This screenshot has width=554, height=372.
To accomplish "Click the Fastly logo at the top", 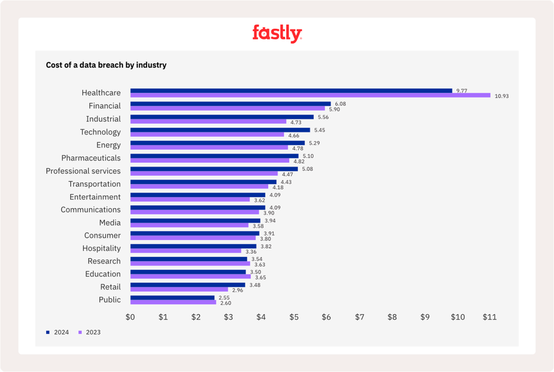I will [277, 33].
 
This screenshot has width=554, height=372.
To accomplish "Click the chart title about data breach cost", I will [106, 65].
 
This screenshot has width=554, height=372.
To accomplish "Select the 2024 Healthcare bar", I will [291, 90].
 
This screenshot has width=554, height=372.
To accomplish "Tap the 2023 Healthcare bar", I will [310, 95].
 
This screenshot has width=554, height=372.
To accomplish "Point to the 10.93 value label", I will [502, 96].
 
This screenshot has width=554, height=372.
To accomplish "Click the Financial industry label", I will [105, 106].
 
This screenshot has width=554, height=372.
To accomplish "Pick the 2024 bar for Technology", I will [220, 130].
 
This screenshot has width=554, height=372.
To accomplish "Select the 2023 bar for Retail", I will [179, 290].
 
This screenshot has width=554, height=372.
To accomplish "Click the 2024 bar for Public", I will [172, 298].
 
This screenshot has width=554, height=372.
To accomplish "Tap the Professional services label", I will [83, 171].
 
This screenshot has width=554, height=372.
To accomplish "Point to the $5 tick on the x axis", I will [294, 317].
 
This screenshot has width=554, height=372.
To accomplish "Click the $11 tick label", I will [489, 317].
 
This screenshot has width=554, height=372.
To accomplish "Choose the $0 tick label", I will [130, 317].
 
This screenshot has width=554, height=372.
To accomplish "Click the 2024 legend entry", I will [58, 332].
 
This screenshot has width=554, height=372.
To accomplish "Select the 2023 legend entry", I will [89, 332].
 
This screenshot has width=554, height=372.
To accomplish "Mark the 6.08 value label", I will [340, 104].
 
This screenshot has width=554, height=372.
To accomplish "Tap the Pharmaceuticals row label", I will [91, 158].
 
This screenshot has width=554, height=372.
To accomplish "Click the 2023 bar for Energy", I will [209, 148].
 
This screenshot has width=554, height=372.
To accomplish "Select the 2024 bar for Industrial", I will [222, 117].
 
